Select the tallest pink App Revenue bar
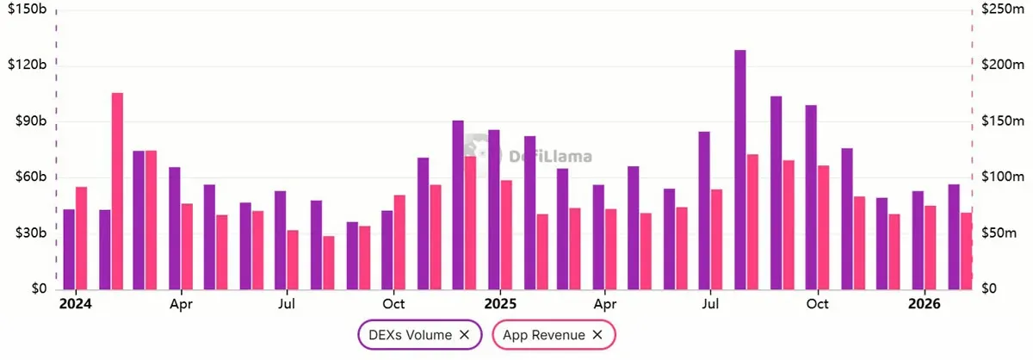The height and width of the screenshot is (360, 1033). [117, 190]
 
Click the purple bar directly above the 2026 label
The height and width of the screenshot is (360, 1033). [918, 240]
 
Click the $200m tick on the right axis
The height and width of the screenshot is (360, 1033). [999, 65]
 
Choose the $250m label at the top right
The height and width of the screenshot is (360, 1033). [999, 9]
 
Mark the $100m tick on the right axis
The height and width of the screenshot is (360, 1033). [999, 177]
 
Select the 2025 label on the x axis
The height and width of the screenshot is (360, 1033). [499, 304]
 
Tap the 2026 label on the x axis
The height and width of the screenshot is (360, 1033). [924, 304]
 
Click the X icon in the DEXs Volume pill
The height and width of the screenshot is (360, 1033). [464, 335]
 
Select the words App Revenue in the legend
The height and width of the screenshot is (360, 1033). [545, 335]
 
